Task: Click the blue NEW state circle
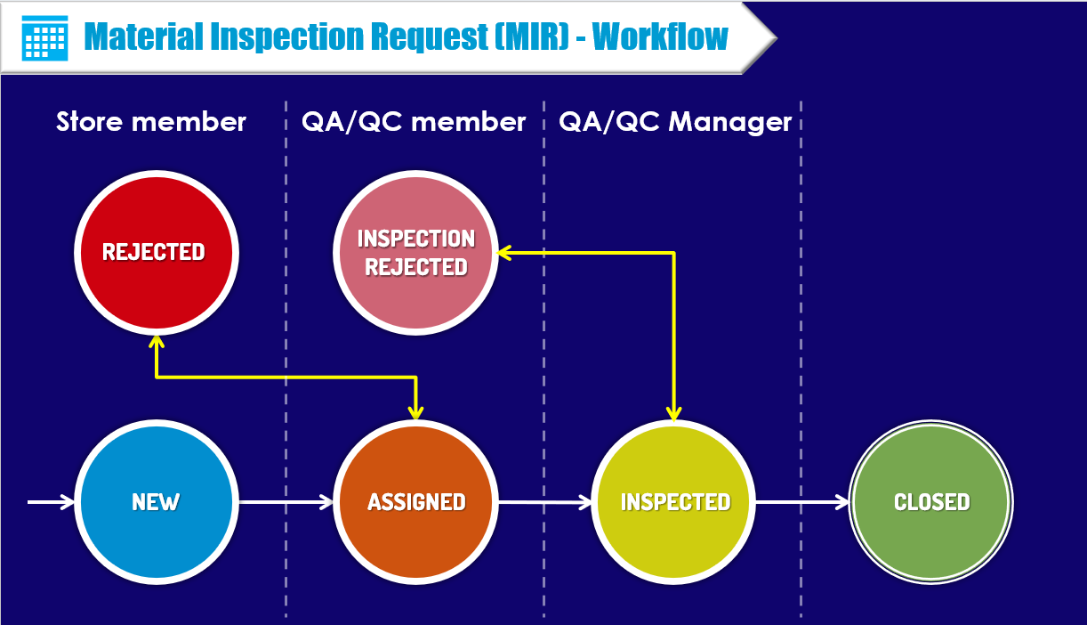click(156, 502)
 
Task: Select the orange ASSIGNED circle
click(416, 502)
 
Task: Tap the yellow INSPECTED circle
click(674, 502)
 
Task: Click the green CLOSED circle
click(931, 502)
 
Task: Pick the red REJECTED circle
click(155, 252)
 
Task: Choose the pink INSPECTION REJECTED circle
click(415, 252)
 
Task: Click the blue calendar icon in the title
click(44, 37)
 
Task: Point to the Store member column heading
click(151, 122)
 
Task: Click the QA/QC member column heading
click(415, 122)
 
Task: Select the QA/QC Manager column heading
click(675, 122)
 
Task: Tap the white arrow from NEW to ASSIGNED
click(285, 502)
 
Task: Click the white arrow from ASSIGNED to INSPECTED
click(544, 502)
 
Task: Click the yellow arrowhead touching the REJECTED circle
click(156, 342)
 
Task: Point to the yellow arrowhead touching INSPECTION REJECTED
click(503, 253)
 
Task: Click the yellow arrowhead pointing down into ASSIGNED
click(415, 411)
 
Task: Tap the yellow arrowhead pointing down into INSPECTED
click(674, 412)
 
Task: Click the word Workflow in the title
click(660, 37)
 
